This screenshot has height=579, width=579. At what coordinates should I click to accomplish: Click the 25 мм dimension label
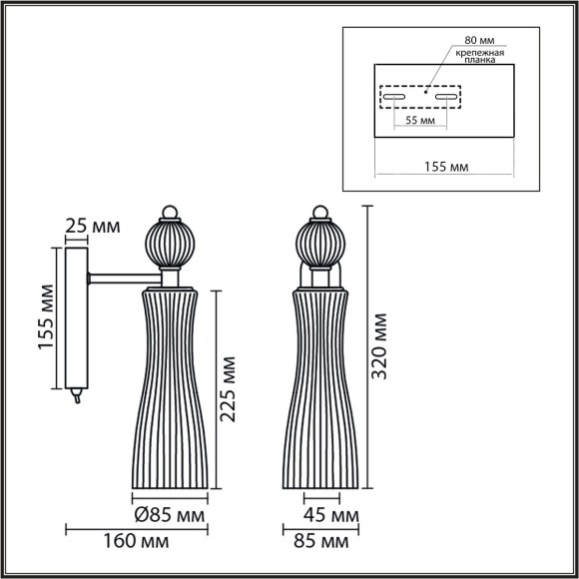(90, 227)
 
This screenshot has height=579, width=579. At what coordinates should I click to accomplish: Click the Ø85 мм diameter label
(170, 517)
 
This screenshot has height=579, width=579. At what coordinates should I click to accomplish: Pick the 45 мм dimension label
(330, 517)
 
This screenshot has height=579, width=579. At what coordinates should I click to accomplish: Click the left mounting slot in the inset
(392, 98)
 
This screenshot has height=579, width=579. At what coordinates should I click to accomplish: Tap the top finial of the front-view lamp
(319, 211)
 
